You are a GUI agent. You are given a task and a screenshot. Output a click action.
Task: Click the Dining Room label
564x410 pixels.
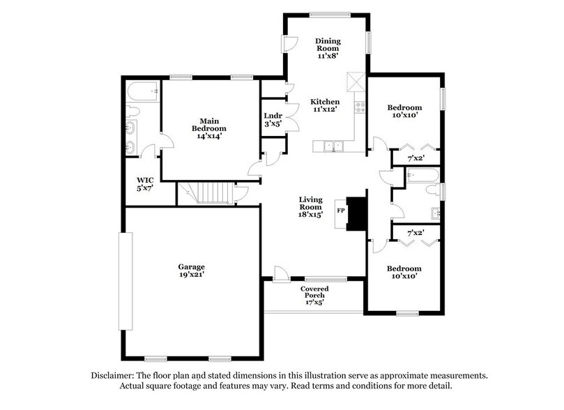coord(327,47)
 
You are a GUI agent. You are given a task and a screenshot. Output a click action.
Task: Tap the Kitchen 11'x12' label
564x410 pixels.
coord(325,105)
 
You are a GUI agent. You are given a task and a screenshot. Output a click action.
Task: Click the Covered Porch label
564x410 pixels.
coord(314,295)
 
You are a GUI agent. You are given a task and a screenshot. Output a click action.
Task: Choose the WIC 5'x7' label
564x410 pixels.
coord(144,183)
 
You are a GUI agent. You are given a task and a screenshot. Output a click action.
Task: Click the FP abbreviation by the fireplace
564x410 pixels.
coord(341,209)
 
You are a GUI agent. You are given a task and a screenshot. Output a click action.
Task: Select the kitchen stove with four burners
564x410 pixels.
coord(360,107)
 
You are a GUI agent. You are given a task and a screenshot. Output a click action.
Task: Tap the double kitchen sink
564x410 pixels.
coord(331,146)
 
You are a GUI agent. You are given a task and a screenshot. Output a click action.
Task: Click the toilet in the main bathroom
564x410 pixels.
coord(132,111)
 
